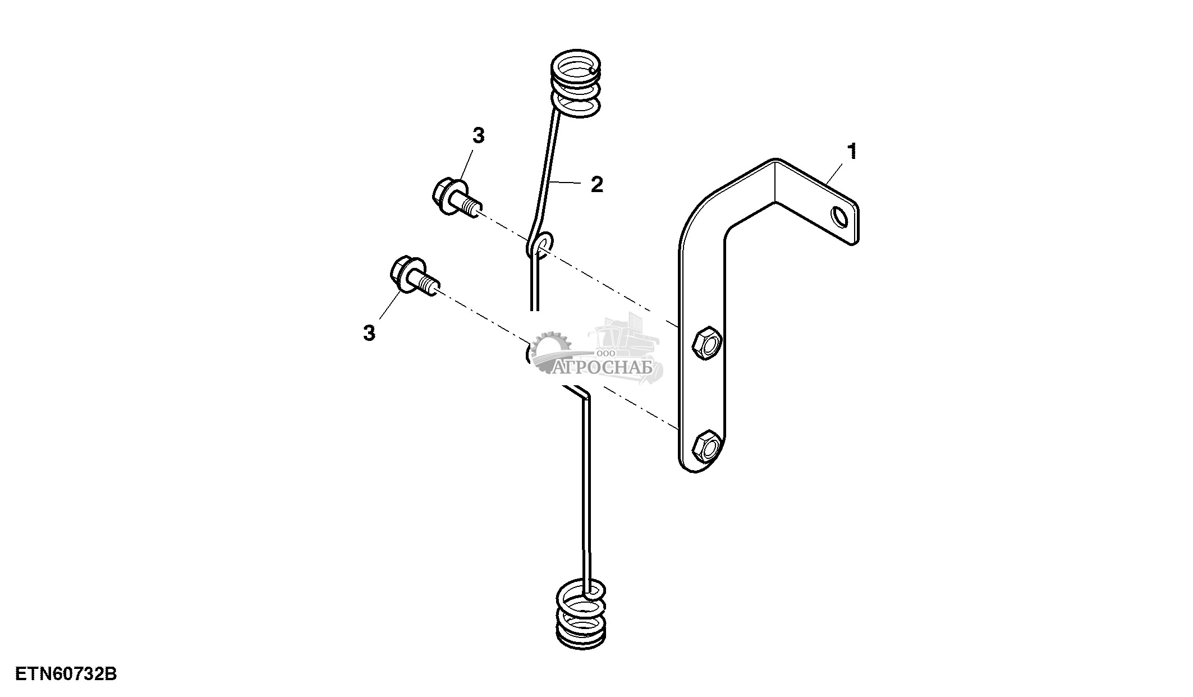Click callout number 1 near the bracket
click(852, 152)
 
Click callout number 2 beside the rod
click(596, 184)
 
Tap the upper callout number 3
click(478, 136)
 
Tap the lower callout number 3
click(369, 333)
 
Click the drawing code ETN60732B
click(66, 674)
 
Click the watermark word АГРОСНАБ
click(603, 368)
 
